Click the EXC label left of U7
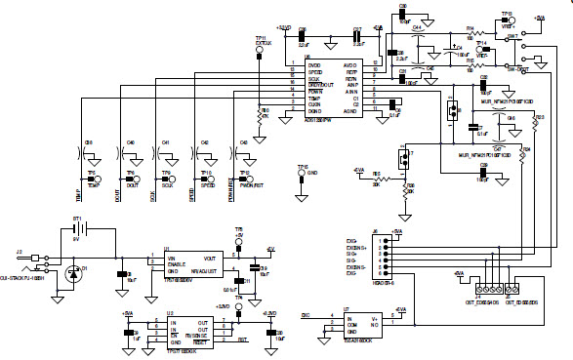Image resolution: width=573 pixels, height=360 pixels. (x=306, y=316)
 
